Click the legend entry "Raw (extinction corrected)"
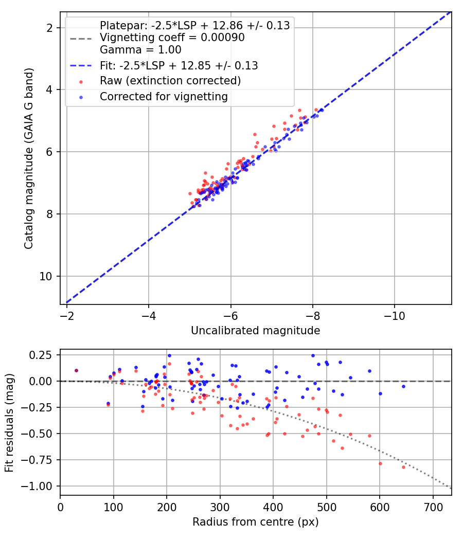pyautogui.click(x=170, y=81)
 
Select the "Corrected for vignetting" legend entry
pyautogui.click(x=164, y=97)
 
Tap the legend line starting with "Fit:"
pyautogui.click(x=179, y=65)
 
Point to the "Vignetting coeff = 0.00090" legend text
pyautogui.click(x=172, y=37)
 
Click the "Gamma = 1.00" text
pyautogui.click(x=140, y=49)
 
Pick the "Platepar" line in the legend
pyautogui.click(x=194, y=25)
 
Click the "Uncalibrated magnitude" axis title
pyautogui.click(x=255, y=330)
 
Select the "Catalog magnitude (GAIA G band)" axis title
pyautogui.click(x=29, y=158)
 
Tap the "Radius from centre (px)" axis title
pyautogui.click(x=255, y=522)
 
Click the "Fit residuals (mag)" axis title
pyautogui.click(x=9, y=423)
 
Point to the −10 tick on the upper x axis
pyautogui.click(x=395, y=315)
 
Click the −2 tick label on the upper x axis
pyautogui.click(x=67, y=315)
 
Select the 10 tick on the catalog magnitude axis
pyautogui.click(x=46, y=276)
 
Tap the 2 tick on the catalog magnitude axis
pyautogui.click(x=49, y=28)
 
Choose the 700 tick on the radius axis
pyautogui.click(x=433, y=507)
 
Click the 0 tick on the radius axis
pyautogui.click(x=60, y=507)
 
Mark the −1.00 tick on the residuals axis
pyautogui.click(x=37, y=486)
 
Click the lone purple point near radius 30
pyautogui.click(x=77, y=371)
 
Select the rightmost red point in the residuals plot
pyautogui.click(x=403, y=467)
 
